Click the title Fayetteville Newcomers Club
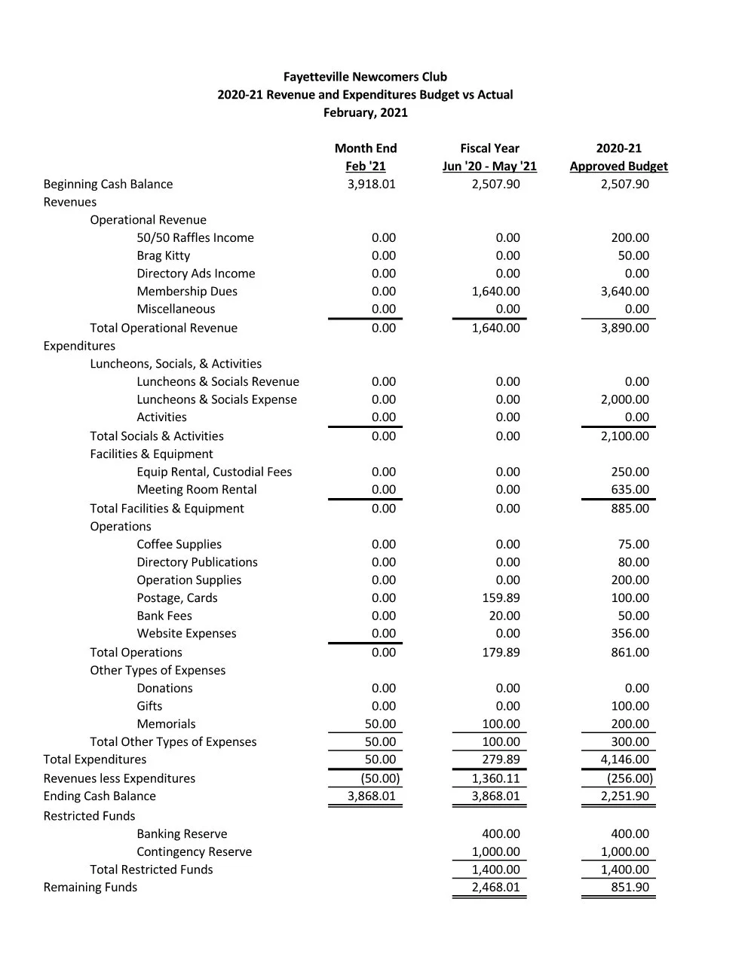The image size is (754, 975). click(x=365, y=77)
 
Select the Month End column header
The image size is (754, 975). click(x=366, y=148)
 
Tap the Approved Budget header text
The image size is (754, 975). click(x=618, y=167)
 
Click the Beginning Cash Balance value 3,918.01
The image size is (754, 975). click(x=371, y=185)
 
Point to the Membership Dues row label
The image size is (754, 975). click(x=187, y=292)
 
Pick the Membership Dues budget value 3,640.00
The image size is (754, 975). click(x=624, y=292)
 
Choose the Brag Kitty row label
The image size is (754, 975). click(x=164, y=256)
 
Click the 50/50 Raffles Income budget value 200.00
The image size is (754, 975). click(x=630, y=238)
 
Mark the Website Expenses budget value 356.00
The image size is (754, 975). click(x=630, y=634)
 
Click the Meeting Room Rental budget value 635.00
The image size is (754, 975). click(x=630, y=490)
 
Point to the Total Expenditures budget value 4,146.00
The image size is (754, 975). click(x=624, y=760)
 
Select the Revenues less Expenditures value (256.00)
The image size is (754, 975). click(x=630, y=778)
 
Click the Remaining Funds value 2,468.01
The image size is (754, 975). click(x=495, y=888)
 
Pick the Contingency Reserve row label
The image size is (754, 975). click(x=195, y=852)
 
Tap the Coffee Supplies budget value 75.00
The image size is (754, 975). click(x=633, y=545)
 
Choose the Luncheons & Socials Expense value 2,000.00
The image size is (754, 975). click(x=624, y=400)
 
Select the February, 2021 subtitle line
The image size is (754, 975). click(x=365, y=113)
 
